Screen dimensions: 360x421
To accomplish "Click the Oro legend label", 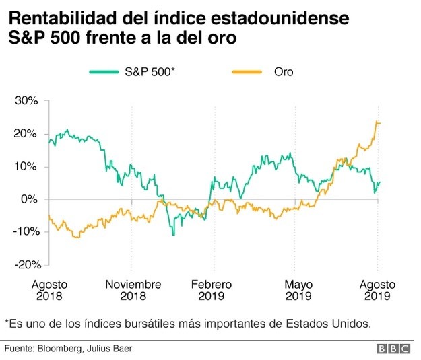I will [x=284, y=72].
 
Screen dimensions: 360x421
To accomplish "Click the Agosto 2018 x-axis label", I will [x=50, y=290].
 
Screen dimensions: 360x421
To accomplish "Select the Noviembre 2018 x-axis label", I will [x=133, y=290].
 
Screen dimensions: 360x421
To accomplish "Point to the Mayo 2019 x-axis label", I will [x=297, y=290].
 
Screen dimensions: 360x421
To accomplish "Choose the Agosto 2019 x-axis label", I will [x=377, y=290].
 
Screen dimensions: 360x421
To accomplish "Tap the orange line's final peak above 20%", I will [x=377, y=122].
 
